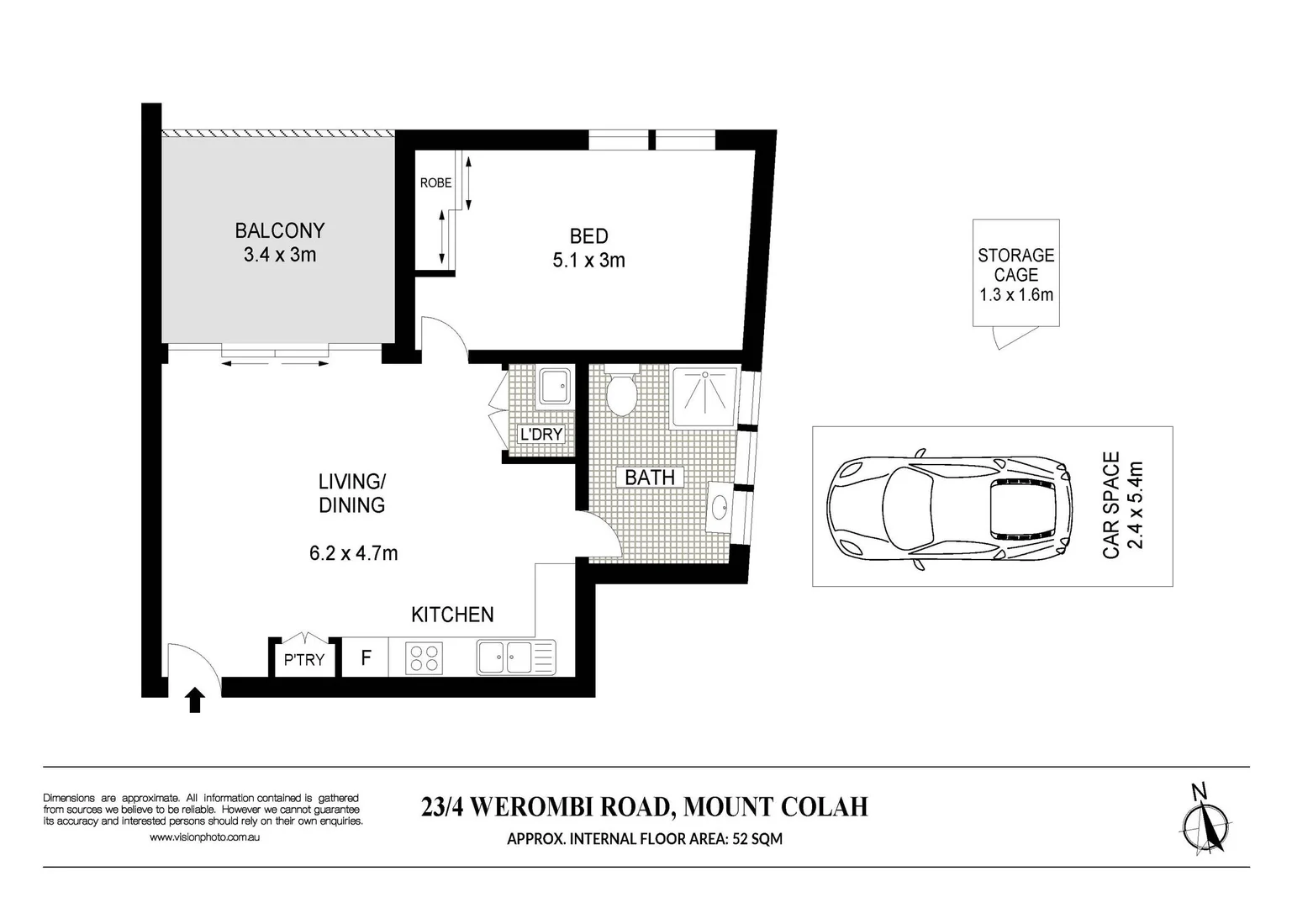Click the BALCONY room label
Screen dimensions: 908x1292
pyautogui.click(x=279, y=230)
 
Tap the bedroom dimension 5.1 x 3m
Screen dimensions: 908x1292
pyautogui.click(x=588, y=261)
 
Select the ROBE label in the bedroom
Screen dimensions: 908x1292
pyautogui.click(x=435, y=182)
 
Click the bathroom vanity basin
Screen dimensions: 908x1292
pyautogui.click(x=720, y=508)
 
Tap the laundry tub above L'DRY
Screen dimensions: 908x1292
pyautogui.click(x=554, y=387)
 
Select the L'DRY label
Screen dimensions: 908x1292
pyautogui.click(x=541, y=435)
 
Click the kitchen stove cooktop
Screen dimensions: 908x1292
pyautogui.click(x=425, y=657)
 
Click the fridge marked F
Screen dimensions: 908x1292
pyautogui.click(x=366, y=657)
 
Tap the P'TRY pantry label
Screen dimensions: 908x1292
pyautogui.click(x=303, y=660)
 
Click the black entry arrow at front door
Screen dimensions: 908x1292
pyautogui.click(x=195, y=699)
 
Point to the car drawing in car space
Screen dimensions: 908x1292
pyautogui.click(x=950, y=507)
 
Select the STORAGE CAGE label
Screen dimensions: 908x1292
pyautogui.click(x=1015, y=265)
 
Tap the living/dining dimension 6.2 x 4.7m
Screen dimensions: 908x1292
pyautogui.click(x=353, y=553)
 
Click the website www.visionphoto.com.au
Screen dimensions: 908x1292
pyautogui.click(x=204, y=837)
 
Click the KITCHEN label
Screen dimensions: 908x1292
pyautogui.click(x=452, y=615)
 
